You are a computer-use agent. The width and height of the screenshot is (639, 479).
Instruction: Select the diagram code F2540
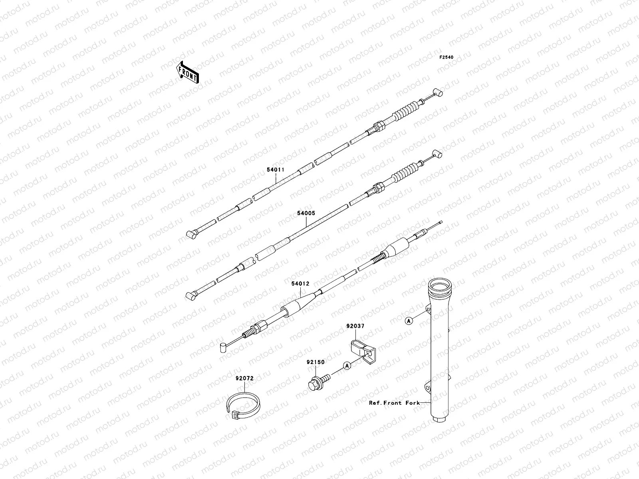[x=447, y=57]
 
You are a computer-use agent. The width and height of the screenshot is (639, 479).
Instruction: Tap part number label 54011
[x=276, y=170]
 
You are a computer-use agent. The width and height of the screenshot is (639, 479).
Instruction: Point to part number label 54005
[x=306, y=213]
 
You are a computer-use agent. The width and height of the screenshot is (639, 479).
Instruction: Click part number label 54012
[x=300, y=284]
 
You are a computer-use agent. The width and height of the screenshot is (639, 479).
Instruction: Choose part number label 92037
[x=355, y=326]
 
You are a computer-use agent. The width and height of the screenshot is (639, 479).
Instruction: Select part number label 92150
[x=316, y=362]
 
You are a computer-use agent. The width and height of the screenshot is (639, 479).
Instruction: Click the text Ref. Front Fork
[x=394, y=403]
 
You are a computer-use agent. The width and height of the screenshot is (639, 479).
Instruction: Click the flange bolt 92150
[x=318, y=381]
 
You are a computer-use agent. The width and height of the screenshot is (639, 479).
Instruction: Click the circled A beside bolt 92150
[x=347, y=365]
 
